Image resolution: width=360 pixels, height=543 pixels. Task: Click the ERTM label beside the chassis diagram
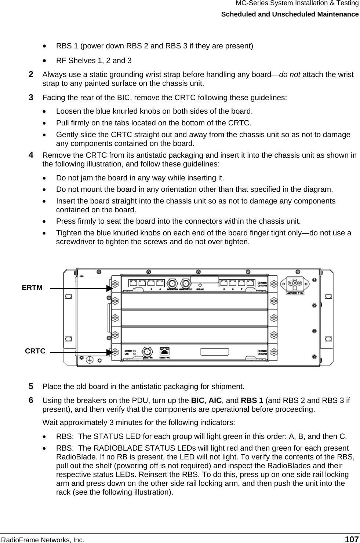point(32,288)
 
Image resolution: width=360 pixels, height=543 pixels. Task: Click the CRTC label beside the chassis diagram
point(35,351)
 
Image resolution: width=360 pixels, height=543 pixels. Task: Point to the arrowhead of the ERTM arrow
point(109,288)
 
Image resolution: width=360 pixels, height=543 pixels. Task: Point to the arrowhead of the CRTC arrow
point(109,352)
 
